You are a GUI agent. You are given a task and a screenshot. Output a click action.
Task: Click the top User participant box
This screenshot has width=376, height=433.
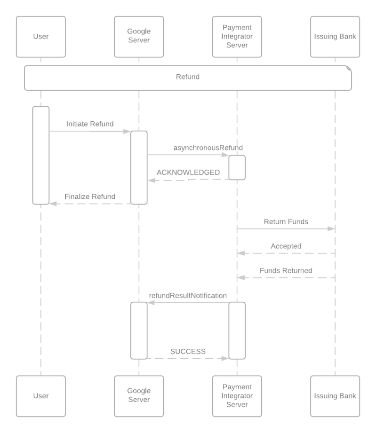click(41, 36)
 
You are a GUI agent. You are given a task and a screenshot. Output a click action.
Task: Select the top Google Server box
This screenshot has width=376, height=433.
click(139, 36)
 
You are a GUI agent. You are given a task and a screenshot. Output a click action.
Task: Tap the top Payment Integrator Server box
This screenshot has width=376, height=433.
click(237, 36)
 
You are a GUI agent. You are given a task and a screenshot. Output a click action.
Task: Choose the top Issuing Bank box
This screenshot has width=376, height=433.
click(335, 36)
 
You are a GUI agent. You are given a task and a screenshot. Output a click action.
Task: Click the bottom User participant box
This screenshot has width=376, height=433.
click(41, 396)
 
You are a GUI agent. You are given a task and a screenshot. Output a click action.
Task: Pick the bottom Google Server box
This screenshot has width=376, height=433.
click(139, 396)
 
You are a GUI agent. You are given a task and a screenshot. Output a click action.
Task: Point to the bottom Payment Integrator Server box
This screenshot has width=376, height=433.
click(237, 396)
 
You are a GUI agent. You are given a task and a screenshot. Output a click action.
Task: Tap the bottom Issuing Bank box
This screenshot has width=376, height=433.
click(335, 396)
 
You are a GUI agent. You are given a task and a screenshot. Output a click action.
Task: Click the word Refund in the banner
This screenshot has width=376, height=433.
click(188, 77)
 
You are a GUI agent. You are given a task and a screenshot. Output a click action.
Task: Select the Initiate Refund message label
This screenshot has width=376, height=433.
click(90, 124)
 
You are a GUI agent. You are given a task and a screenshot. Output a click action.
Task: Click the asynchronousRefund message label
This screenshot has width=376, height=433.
click(208, 148)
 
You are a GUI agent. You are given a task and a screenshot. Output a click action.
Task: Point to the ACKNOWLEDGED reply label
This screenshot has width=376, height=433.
click(188, 173)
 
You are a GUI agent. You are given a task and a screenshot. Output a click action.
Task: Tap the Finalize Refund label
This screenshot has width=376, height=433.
click(90, 197)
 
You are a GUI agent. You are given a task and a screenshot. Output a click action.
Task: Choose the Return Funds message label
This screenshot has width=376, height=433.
click(286, 221)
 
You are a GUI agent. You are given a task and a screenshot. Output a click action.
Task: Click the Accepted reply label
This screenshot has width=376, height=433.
click(286, 246)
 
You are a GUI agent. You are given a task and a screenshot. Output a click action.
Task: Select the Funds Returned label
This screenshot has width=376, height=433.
click(286, 271)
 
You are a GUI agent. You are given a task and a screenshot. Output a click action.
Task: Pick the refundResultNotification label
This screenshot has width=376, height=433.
click(188, 296)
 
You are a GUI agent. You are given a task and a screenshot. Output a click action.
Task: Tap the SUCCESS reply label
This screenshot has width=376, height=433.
click(188, 352)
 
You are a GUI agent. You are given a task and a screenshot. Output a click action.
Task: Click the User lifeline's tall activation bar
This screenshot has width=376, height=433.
click(41, 155)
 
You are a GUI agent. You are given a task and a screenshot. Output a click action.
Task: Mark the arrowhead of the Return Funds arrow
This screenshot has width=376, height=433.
click(332, 229)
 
